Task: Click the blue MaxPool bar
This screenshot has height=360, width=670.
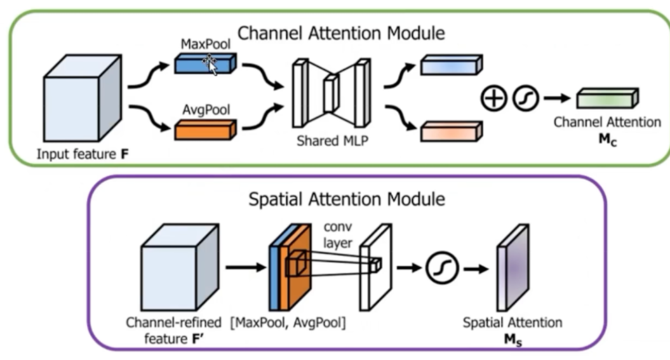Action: (205, 63)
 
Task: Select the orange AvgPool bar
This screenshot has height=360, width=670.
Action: (205, 130)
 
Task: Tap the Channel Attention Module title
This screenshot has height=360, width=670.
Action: (341, 33)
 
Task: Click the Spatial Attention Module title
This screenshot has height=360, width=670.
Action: (347, 199)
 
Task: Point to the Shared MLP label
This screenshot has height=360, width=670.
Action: (332, 140)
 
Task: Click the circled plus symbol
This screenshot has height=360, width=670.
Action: (493, 98)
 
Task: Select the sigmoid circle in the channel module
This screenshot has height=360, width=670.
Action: (525, 98)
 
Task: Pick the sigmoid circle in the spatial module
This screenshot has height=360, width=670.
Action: (442, 268)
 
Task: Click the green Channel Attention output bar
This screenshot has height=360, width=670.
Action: (607, 98)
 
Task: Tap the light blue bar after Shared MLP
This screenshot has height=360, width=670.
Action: (452, 65)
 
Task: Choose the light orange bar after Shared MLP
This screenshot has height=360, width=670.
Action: (452, 131)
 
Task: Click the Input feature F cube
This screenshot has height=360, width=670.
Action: (83, 98)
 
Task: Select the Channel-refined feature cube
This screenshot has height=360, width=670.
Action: (180, 267)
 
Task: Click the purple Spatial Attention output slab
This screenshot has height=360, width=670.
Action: (513, 268)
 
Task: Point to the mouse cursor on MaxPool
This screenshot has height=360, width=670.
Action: (210, 64)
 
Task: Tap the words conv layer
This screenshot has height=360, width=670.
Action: (338, 234)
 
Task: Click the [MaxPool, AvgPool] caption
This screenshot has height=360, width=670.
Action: (288, 323)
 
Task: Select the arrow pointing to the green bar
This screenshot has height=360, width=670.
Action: (557, 98)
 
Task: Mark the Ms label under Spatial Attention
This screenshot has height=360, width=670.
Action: (513, 340)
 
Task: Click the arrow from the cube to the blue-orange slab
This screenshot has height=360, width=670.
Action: (246, 267)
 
